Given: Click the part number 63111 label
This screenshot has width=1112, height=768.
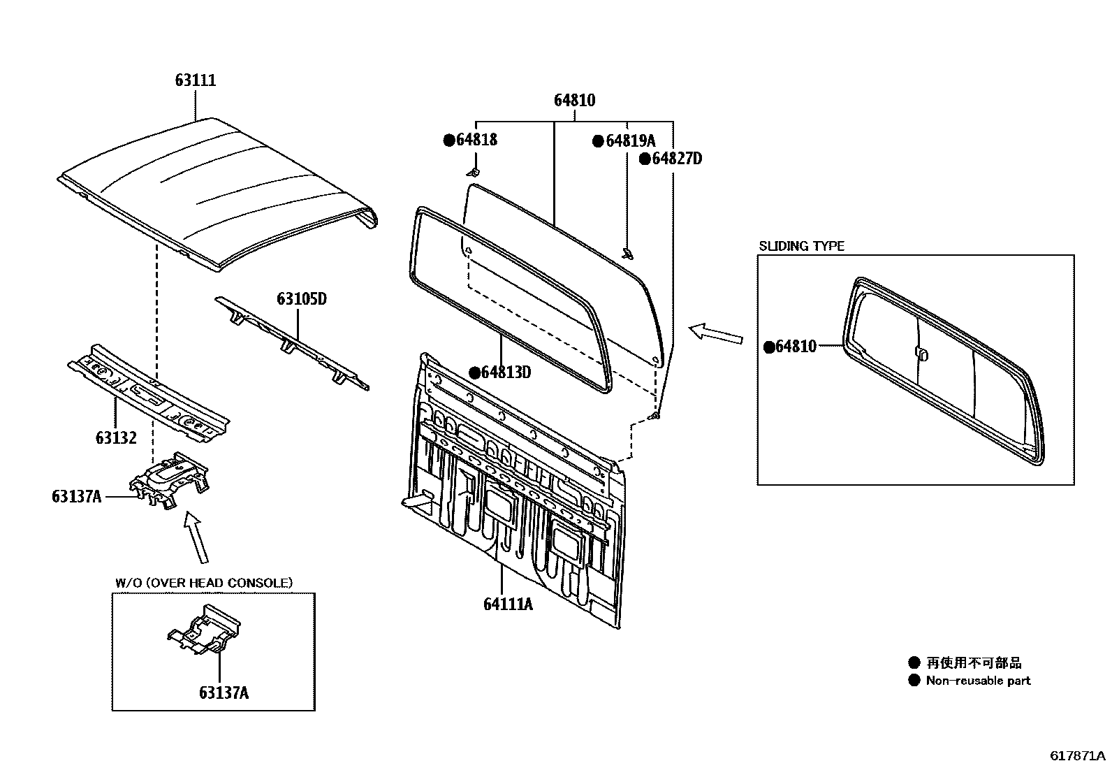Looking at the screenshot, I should (195, 80).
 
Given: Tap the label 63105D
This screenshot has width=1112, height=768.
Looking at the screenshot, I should (302, 299).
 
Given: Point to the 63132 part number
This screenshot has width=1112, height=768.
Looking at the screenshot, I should (116, 438).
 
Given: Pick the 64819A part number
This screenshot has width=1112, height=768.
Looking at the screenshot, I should (630, 141).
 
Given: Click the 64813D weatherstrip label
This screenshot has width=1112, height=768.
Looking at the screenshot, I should (505, 372).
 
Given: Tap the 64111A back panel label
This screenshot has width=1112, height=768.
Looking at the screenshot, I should (508, 603).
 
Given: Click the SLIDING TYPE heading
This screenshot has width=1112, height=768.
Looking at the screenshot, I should (801, 246).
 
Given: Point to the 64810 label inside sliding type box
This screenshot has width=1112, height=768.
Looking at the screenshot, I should (795, 347).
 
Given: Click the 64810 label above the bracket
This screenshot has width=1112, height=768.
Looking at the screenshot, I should (574, 101).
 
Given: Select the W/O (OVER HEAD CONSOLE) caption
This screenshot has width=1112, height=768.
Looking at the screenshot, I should (203, 583).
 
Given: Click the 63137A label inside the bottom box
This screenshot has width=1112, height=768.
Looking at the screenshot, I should (224, 693).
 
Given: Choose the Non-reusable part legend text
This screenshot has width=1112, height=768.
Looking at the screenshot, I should (977, 681).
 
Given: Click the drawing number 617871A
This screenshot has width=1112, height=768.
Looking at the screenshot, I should (1077, 756).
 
